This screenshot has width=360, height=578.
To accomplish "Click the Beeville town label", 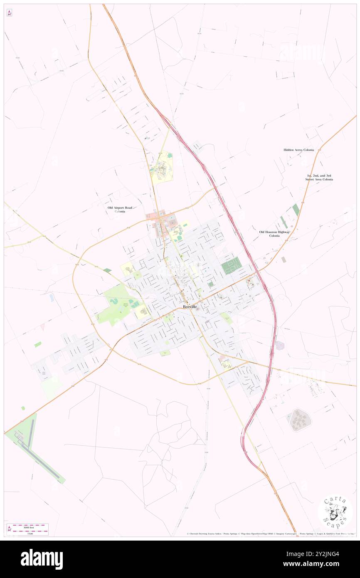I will tap(190, 306).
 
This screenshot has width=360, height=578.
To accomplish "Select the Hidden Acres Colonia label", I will tap(298, 150).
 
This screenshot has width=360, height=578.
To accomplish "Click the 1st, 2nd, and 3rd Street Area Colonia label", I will tap(319, 178).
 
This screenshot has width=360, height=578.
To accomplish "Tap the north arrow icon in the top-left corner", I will tap(9, 13).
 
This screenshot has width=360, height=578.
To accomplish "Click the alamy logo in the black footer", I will tap(42, 559).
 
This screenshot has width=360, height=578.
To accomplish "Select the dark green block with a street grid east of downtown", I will tap(231, 265).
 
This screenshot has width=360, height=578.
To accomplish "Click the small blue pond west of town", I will tap(51, 298).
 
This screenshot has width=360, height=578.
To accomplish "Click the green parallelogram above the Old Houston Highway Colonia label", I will tap(296, 210).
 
